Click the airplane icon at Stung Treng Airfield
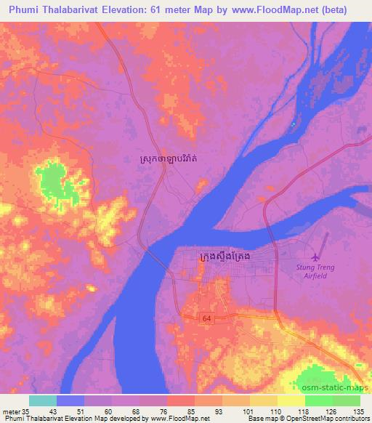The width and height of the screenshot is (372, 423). pos(315,257)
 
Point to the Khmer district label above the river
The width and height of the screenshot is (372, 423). pos(172,157)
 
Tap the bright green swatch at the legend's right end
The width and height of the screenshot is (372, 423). pos(347,400)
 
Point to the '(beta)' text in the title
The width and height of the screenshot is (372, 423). pos(332,9)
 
